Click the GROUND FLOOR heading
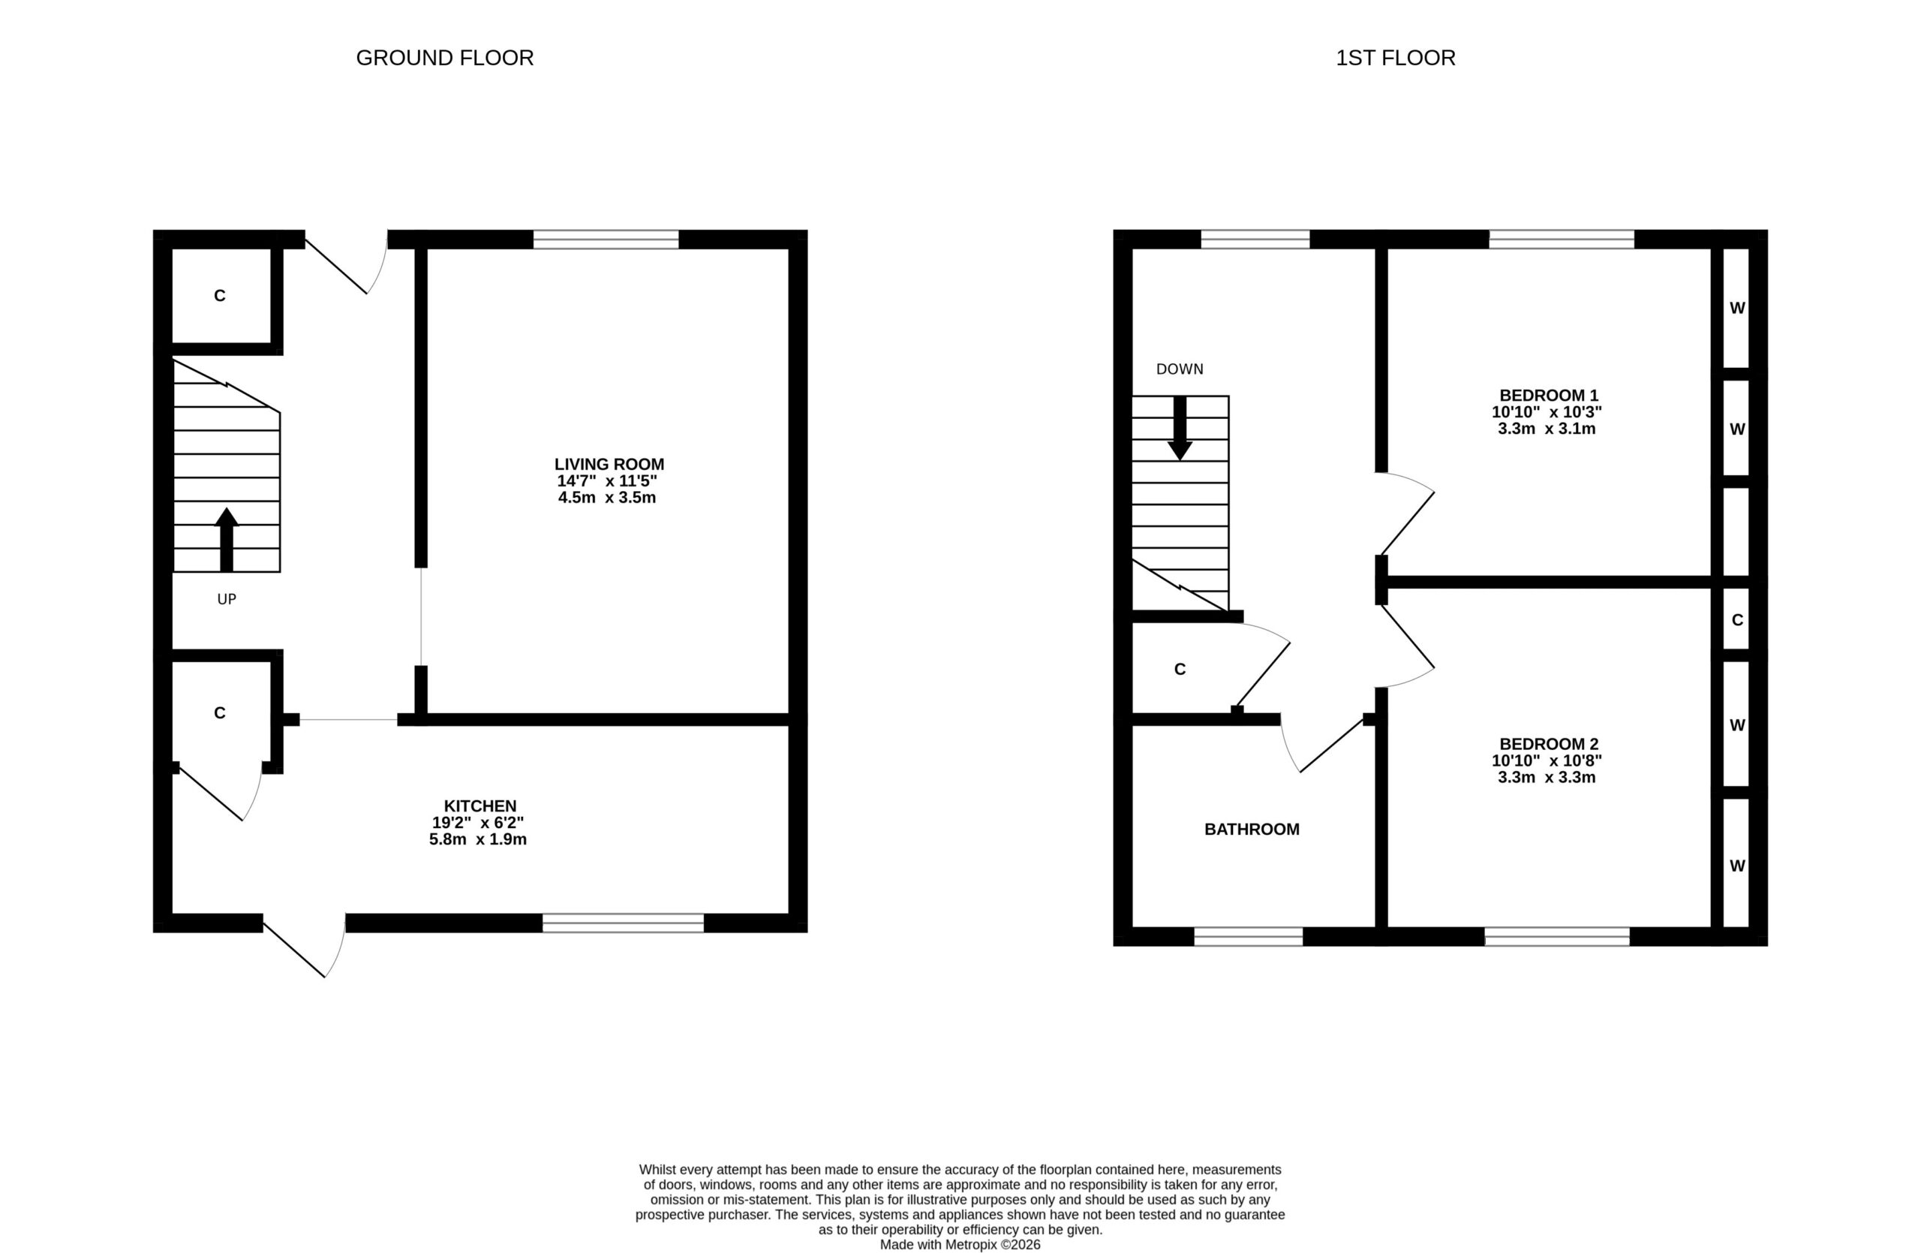[445, 58]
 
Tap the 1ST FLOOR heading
[1396, 58]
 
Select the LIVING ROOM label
[609, 464]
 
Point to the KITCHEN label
[480, 806]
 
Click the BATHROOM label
[1252, 829]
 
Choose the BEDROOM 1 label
[1549, 396]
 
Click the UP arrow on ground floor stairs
[227, 539]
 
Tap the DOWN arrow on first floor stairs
[1180, 428]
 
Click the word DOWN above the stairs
[1180, 369]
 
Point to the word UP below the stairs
[227, 599]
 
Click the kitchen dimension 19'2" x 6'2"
[478, 823]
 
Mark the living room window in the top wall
[606, 239]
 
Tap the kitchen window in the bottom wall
[623, 923]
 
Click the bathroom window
[1249, 936]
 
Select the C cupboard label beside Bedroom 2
[1738, 620]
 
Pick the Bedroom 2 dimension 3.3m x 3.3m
[1547, 779]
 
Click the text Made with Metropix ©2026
[960, 1245]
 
